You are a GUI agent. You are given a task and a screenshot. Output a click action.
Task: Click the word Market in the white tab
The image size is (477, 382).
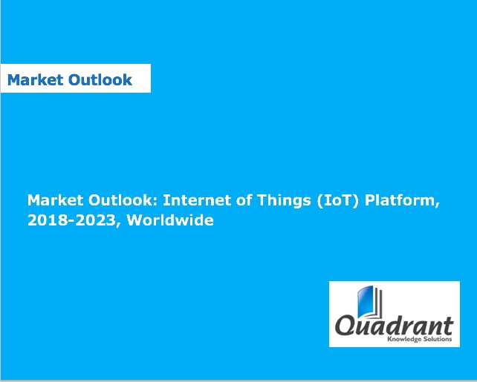[34, 79]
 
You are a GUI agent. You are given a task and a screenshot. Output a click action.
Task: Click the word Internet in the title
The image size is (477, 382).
[195, 200]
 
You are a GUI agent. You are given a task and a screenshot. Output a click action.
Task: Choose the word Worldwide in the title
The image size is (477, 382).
[170, 221]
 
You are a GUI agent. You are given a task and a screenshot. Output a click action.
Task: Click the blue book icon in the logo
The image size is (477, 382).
[366, 303]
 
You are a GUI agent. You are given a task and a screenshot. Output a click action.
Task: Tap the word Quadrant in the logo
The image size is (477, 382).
[394, 326]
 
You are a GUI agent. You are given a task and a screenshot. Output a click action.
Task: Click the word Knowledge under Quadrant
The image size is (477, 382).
[404, 340]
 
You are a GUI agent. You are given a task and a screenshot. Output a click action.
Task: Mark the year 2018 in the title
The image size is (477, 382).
[46, 221]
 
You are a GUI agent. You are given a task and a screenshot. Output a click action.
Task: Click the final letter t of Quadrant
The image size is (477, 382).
[448, 325]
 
